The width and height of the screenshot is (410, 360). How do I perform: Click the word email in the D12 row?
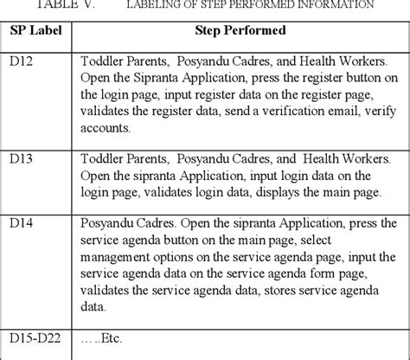(318, 111)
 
